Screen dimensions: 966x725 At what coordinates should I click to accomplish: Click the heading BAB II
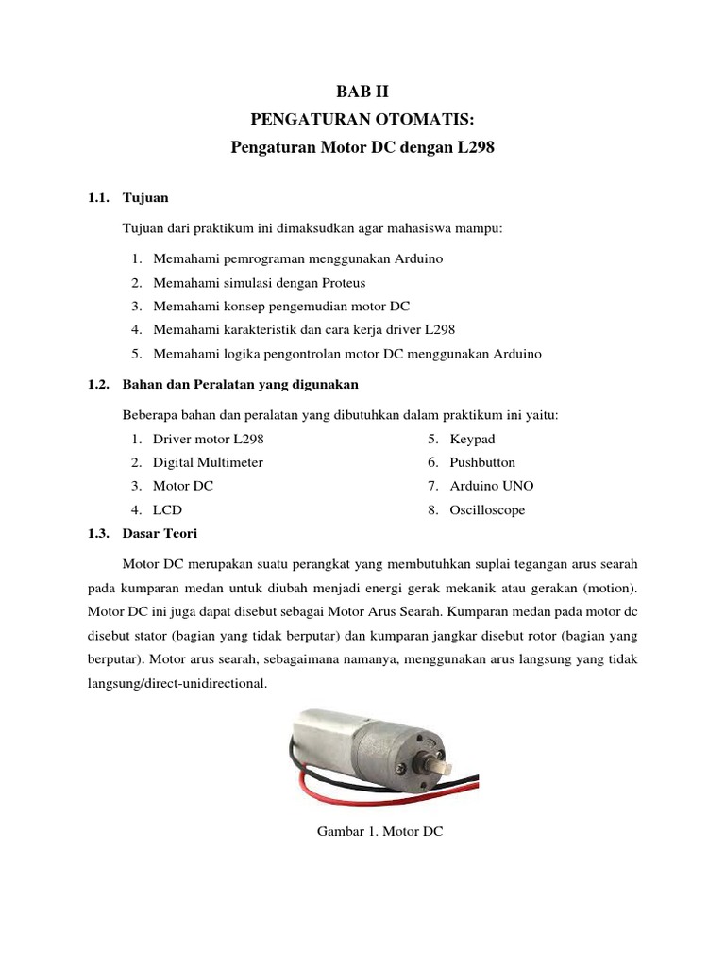point(362,92)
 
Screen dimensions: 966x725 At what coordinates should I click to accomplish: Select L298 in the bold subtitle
point(474,148)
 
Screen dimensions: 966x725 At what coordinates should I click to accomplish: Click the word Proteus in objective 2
point(342,282)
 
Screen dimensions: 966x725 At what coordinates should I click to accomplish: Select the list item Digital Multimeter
point(208,462)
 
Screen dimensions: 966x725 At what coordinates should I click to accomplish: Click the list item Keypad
point(472,439)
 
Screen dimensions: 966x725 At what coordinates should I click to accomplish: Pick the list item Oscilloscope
point(487,509)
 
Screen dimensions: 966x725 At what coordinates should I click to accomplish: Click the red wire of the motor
point(312,786)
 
